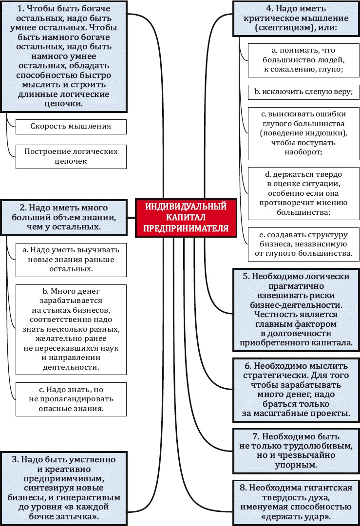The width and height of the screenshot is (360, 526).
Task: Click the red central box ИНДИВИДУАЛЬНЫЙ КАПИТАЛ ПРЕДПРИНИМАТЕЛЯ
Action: pos(186,218)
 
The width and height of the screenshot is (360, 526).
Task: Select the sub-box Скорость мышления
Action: pos(71,126)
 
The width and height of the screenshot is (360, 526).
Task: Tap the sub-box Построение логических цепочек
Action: pos(71,156)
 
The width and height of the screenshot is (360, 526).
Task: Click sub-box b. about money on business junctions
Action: pos(71,328)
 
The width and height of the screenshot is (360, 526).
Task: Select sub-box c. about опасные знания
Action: pos(71,399)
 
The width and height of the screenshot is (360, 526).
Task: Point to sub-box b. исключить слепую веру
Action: pos(303,91)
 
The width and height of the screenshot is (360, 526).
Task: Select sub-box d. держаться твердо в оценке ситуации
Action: pos(303,193)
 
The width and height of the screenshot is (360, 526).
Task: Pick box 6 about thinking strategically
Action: pos(296,389)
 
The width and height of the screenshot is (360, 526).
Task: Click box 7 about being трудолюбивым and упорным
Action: pos(296,451)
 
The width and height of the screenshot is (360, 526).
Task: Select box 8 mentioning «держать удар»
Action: pos(296,502)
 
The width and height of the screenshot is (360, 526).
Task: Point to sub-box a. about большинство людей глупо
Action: pos(303,60)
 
